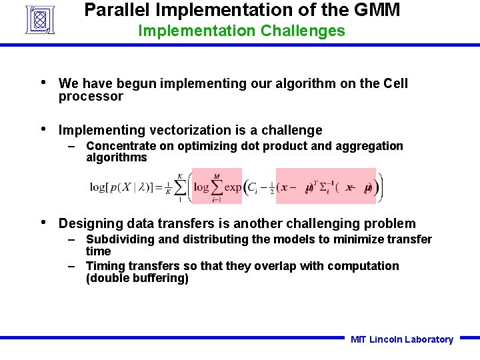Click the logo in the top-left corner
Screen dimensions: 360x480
[x=43, y=19]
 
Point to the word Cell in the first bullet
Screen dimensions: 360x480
[x=395, y=83]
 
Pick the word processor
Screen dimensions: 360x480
[x=91, y=97]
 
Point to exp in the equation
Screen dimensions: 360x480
[x=233, y=187]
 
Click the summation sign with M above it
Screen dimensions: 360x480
[x=217, y=188]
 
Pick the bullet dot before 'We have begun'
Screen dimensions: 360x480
[x=43, y=83]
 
